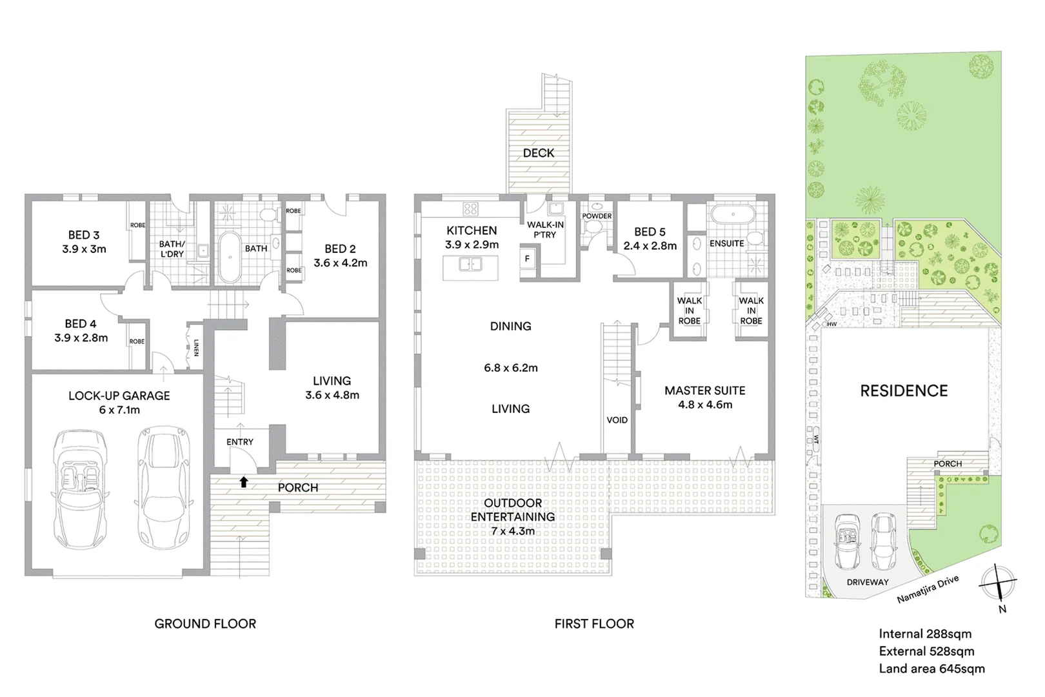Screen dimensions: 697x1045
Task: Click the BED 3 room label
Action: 84,235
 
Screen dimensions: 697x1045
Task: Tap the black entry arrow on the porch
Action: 244,481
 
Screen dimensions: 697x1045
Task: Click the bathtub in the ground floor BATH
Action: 230,258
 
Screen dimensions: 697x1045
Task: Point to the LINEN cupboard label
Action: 195,348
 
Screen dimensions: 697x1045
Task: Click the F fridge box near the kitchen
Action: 527,259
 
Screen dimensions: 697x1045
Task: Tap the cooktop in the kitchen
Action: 470,208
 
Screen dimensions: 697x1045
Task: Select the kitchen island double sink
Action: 470,264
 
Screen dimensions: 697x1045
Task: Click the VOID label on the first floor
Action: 617,420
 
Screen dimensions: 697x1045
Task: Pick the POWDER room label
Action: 597,216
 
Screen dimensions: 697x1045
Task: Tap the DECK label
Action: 539,153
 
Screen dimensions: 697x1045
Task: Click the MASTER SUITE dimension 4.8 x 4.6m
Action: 705,405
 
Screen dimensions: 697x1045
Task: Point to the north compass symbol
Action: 998,583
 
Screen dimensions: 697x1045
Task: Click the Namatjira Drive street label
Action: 928,589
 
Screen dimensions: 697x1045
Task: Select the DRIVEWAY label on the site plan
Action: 868,582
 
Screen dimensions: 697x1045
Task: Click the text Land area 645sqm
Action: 931,669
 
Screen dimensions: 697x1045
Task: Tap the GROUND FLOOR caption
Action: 205,623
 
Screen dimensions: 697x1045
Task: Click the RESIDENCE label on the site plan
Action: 904,391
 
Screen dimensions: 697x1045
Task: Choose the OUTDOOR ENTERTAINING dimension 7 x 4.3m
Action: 513,531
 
